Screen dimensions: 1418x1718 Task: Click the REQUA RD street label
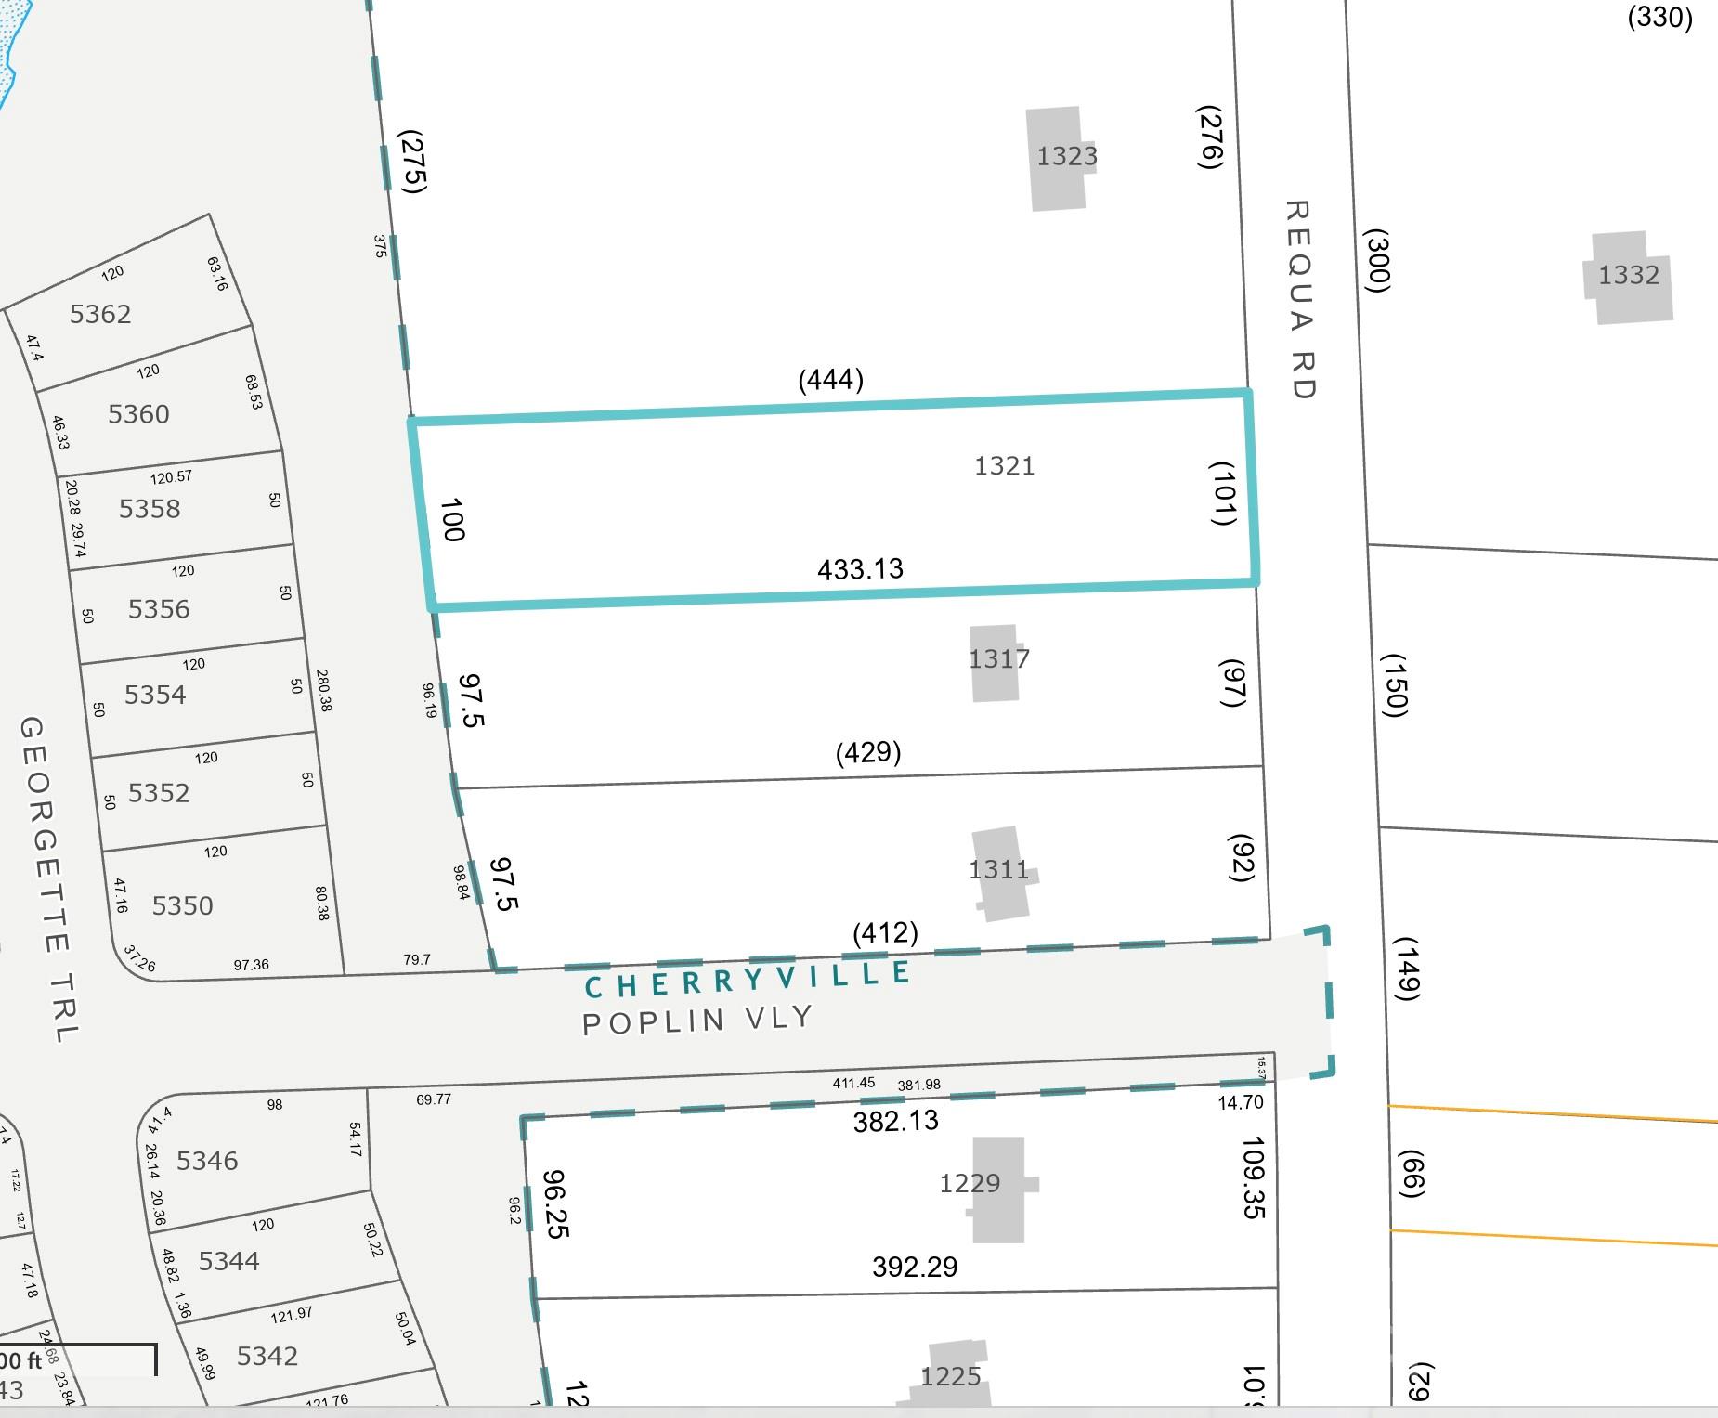click(1300, 299)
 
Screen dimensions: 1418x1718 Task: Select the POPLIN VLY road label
click(696, 1020)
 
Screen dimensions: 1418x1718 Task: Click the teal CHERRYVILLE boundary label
click(748, 978)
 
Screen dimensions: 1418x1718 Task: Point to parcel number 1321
click(1004, 465)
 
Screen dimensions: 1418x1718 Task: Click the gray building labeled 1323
click(1057, 158)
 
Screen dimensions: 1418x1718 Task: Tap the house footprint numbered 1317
click(995, 661)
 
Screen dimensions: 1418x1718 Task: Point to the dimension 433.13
click(860, 568)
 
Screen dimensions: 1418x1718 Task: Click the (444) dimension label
click(831, 379)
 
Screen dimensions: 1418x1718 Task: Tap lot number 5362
click(100, 314)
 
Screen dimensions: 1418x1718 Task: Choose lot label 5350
click(182, 905)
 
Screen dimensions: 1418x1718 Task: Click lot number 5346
click(207, 1161)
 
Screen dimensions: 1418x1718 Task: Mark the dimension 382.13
click(895, 1121)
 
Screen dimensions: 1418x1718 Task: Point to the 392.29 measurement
click(915, 1267)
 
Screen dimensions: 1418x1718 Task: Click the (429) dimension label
click(868, 751)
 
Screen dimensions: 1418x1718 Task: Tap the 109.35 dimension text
click(1254, 1177)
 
